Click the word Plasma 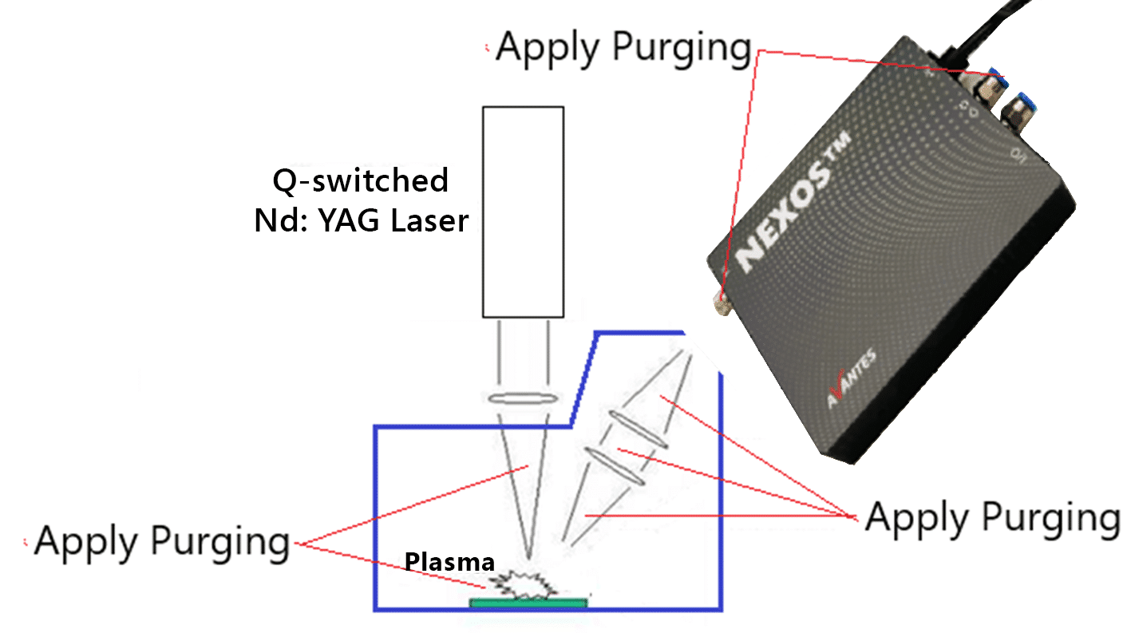449,562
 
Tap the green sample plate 528,603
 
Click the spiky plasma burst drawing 524,585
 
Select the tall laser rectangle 524,212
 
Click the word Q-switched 360,180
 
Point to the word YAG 349,220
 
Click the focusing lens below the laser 523,399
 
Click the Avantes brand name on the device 852,378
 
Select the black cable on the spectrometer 987,30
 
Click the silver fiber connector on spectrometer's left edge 722,304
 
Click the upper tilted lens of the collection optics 639,429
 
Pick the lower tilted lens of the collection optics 615,466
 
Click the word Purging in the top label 682,49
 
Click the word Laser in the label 429,220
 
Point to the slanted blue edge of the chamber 583,379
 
